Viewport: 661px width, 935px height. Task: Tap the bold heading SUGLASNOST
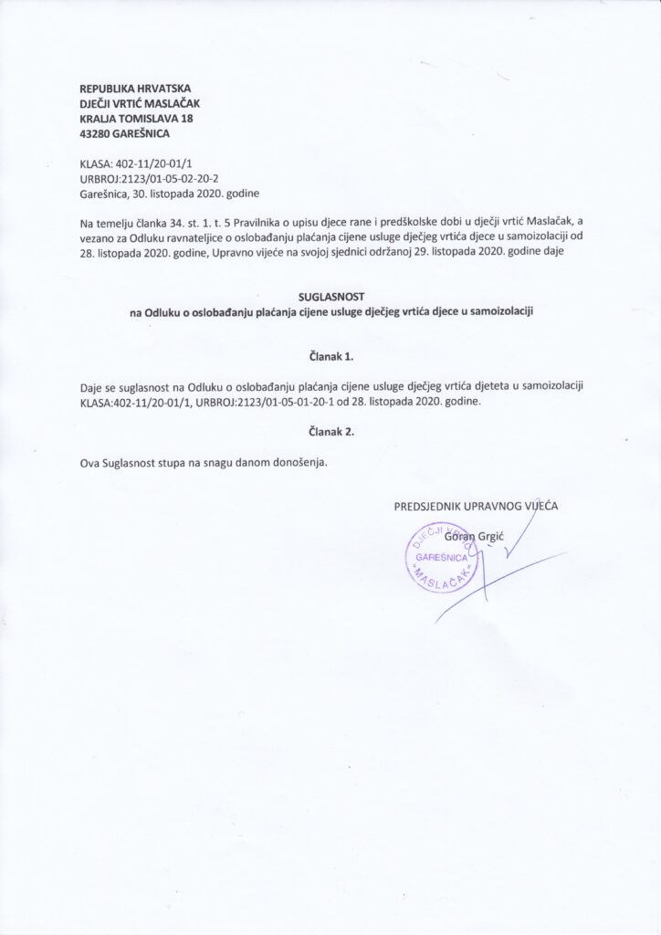pyautogui.click(x=330, y=297)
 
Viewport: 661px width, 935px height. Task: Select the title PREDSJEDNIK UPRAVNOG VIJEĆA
pyautogui.click(x=476, y=506)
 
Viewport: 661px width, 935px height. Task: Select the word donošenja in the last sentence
pyautogui.click(x=296, y=461)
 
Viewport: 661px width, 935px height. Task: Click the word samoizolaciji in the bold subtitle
pyautogui.click(x=502, y=311)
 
